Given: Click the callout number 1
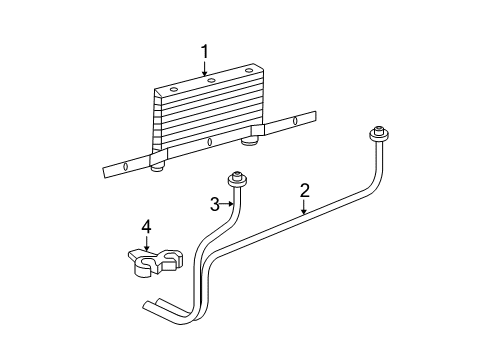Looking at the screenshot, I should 205,51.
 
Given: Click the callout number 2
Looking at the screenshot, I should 304,190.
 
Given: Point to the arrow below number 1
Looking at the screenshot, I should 205,68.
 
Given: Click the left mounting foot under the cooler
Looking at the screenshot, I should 157,167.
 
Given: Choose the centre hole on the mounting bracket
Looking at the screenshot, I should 209,141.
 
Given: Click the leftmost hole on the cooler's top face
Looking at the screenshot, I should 174,90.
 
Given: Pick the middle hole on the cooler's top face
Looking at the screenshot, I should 212,81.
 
